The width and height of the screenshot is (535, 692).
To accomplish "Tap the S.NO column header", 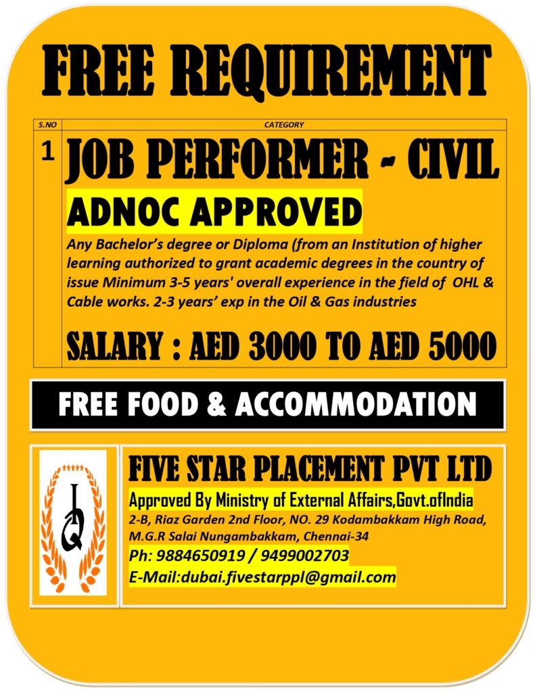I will coord(47,124).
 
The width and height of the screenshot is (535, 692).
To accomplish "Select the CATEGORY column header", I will coord(284,124).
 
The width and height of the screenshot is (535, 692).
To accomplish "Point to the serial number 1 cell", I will coord(47,153).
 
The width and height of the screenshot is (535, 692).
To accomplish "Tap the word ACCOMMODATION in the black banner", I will coord(356,404).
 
